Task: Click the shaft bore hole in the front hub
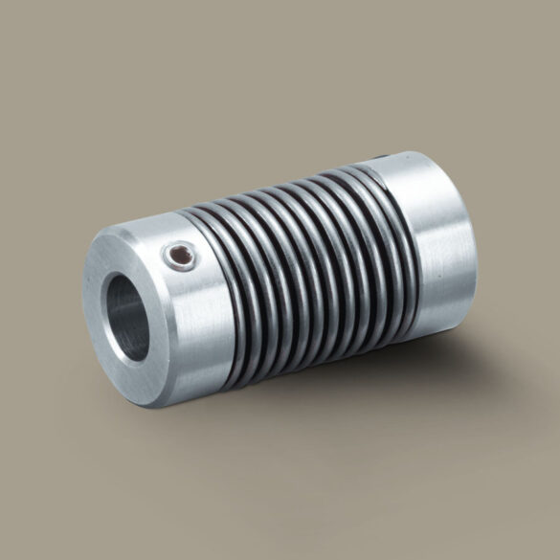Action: pos(128,316)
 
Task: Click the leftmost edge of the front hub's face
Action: pos(84,316)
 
